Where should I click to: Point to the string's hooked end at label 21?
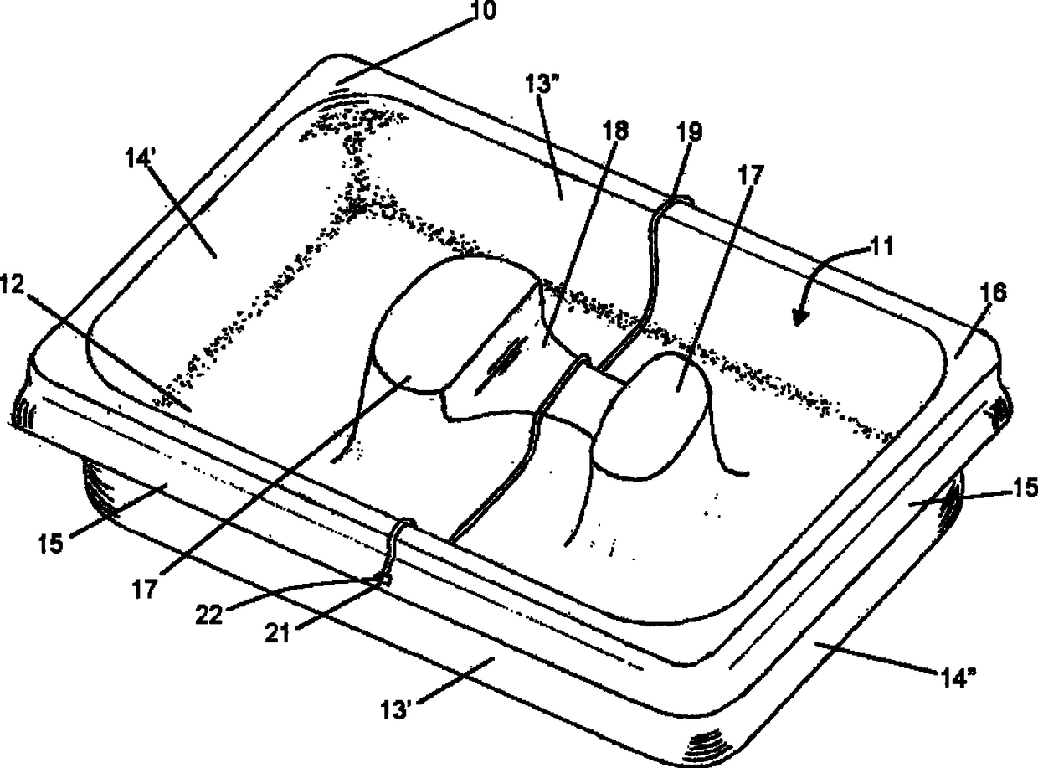(x=384, y=577)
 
